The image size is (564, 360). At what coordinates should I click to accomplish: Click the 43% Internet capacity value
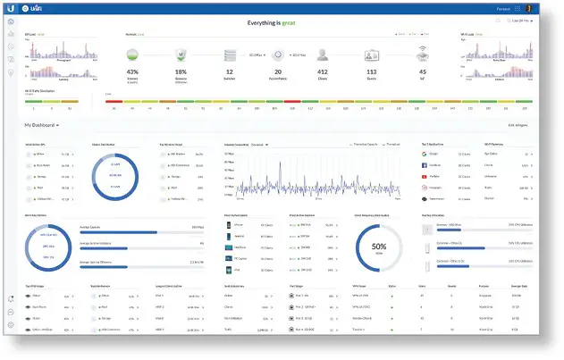pyautogui.click(x=132, y=71)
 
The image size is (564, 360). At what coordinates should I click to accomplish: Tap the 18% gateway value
pyautogui.click(x=181, y=71)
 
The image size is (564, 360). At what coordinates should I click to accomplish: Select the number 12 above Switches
pyautogui.click(x=229, y=71)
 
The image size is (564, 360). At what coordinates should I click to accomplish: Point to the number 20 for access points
pyautogui.click(x=278, y=71)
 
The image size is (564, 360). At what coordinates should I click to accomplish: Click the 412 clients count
pyautogui.click(x=324, y=71)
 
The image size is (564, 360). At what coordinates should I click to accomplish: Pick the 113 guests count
pyautogui.click(x=371, y=71)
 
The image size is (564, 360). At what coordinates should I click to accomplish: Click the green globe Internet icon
pyautogui.click(x=132, y=53)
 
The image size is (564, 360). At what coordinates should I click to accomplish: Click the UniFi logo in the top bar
pyautogui.click(x=37, y=9)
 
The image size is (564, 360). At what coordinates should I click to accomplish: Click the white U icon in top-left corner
pyautogui.click(x=11, y=9)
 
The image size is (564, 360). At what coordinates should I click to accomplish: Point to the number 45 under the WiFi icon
pyautogui.click(x=422, y=71)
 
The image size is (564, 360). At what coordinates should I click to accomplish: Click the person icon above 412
pyautogui.click(x=324, y=53)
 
